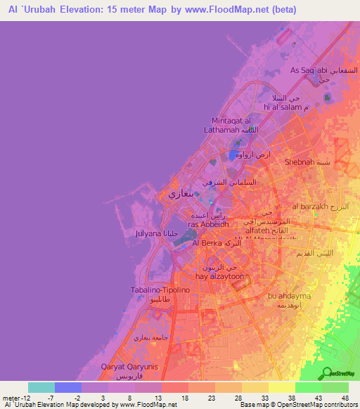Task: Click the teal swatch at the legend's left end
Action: pos(41,387)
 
